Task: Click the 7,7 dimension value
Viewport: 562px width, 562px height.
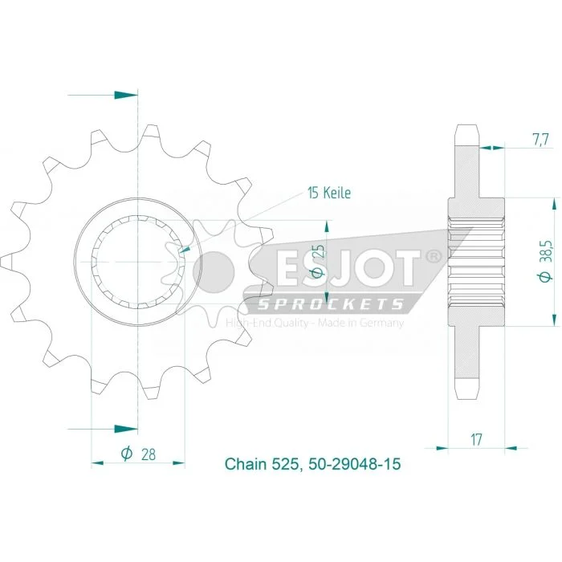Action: click(540, 140)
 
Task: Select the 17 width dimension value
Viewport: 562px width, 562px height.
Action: click(476, 439)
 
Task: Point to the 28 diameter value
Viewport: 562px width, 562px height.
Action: click(148, 454)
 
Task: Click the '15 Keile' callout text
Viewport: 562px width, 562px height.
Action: click(329, 193)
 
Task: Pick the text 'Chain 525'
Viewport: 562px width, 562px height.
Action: click(261, 464)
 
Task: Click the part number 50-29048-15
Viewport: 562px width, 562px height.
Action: click(354, 464)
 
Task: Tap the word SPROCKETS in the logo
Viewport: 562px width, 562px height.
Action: click(331, 304)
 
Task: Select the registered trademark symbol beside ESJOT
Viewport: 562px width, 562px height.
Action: click(434, 257)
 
